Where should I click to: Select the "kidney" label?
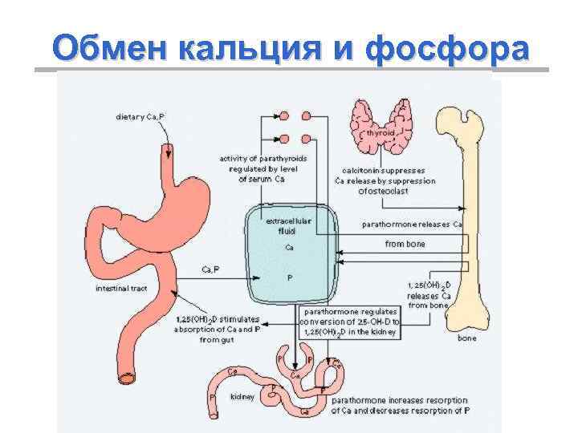click(242, 396)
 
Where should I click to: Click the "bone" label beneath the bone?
click(466, 338)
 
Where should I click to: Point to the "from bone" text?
click(405, 244)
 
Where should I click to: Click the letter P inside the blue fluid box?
click(289, 277)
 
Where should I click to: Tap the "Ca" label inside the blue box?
click(289, 247)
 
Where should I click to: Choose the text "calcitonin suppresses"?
click(384, 170)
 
